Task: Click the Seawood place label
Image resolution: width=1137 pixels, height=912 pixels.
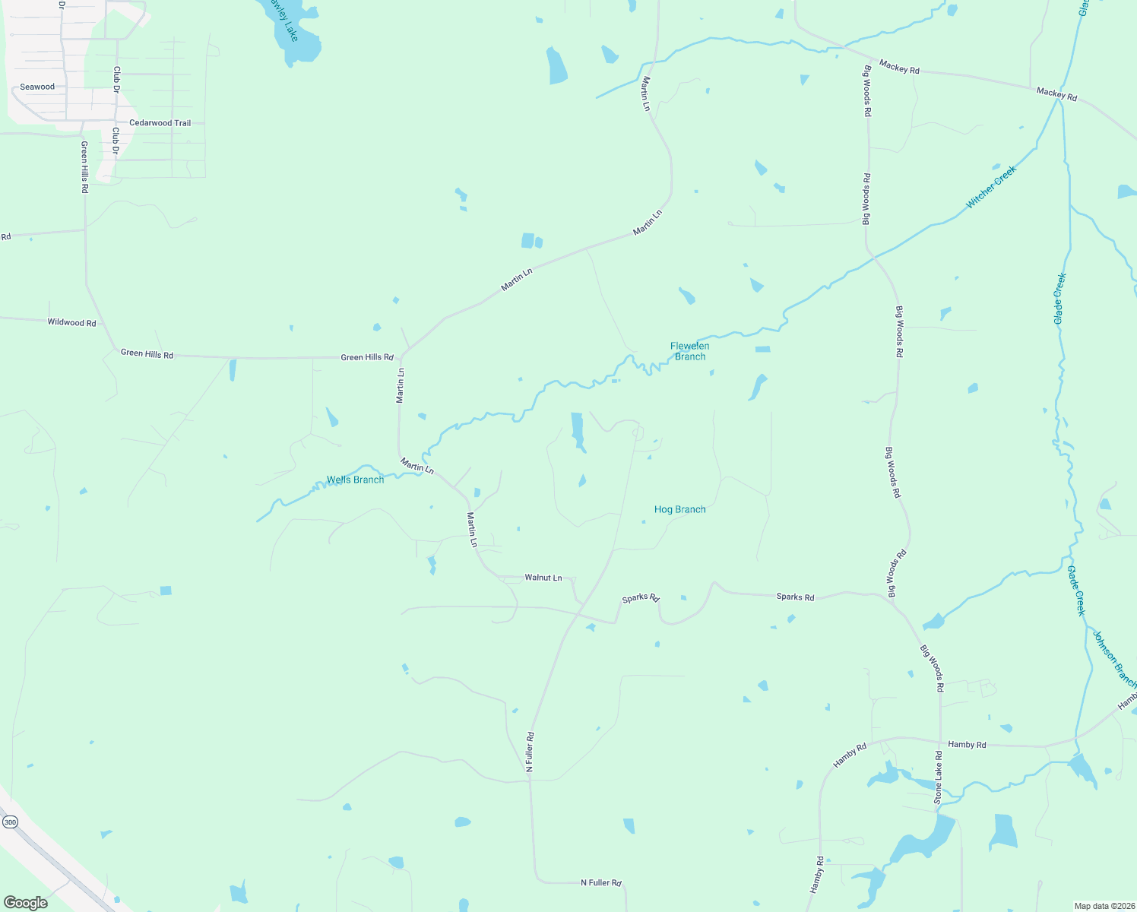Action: [x=37, y=87]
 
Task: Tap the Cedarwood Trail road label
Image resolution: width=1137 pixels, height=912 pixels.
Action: [x=160, y=123]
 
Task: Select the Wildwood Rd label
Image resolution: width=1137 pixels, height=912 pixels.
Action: [x=71, y=322]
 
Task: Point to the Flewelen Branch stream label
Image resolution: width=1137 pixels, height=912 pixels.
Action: [x=689, y=351]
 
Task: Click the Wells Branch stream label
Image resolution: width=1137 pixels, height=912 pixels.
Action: [x=355, y=480]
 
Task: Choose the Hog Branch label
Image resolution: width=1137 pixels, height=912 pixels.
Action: [x=679, y=509]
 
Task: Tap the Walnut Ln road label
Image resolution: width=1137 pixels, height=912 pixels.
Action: [x=543, y=578]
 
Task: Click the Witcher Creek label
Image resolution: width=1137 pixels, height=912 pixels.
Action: [x=990, y=188]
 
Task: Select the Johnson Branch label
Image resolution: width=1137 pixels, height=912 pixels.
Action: [x=1113, y=658]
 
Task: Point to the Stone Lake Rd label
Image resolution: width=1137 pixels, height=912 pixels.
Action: [x=938, y=777]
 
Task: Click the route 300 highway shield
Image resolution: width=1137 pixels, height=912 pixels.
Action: [x=10, y=822]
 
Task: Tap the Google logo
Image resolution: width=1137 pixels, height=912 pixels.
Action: [x=25, y=903]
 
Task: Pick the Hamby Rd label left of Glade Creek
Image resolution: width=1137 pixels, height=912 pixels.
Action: [x=967, y=745]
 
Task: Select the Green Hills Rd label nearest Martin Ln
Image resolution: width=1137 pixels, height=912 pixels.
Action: [x=367, y=357]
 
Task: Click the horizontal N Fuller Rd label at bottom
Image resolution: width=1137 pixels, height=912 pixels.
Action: [x=600, y=883]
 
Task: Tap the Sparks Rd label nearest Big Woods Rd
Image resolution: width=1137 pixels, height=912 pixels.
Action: [x=795, y=597]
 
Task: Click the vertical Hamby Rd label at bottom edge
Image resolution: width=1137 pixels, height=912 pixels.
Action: [x=818, y=875]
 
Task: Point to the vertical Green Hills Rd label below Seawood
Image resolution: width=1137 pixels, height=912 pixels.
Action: [x=84, y=167]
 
